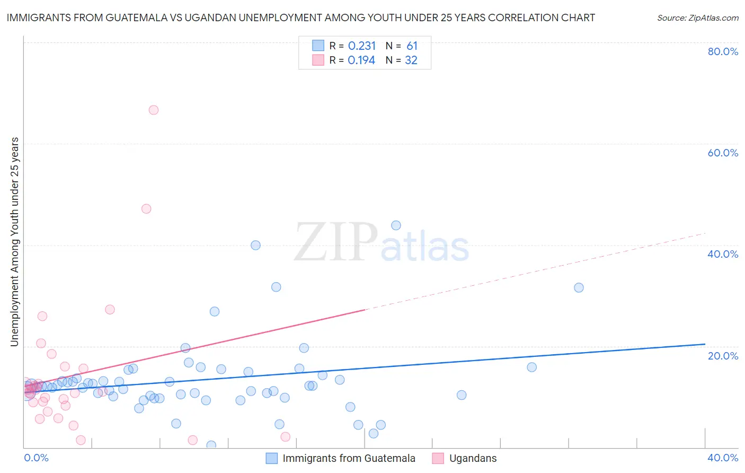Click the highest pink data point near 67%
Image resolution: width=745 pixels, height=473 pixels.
[x=154, y=110]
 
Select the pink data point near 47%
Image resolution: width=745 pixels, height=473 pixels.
[x=146, y=209]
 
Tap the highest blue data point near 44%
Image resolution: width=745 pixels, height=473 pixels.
[x=396, y=225]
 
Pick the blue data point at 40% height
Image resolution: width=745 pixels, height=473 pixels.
[x=255, y=245]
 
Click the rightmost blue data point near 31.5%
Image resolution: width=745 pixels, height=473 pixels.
[x=579, y=287]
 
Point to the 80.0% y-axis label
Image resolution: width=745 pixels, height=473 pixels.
[x=723, y=51]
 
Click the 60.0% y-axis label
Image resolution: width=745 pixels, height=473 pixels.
[x=723, y=153]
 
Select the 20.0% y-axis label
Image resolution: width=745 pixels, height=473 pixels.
[x=723, y=356]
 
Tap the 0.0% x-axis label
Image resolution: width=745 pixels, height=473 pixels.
[x=37, y=458]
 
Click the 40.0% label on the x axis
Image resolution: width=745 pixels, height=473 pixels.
[x=723, y=458]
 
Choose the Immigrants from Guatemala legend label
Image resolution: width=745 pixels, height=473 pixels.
[x=349, y=459]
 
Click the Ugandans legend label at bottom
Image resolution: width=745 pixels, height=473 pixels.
[x=473, y=459]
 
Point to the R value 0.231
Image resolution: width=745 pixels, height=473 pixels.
[x=362, y=46]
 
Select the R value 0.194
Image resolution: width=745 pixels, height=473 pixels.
[x=361, y=60]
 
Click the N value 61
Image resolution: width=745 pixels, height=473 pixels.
[x=412, y=46]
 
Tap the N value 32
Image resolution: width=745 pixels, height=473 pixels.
[x=411, y=60]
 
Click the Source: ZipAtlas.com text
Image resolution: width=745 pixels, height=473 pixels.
[x=697, y=18]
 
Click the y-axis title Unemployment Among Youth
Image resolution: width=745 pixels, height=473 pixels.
[x=14, y=242]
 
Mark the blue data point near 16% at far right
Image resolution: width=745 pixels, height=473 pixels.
[x=531, y=367]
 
